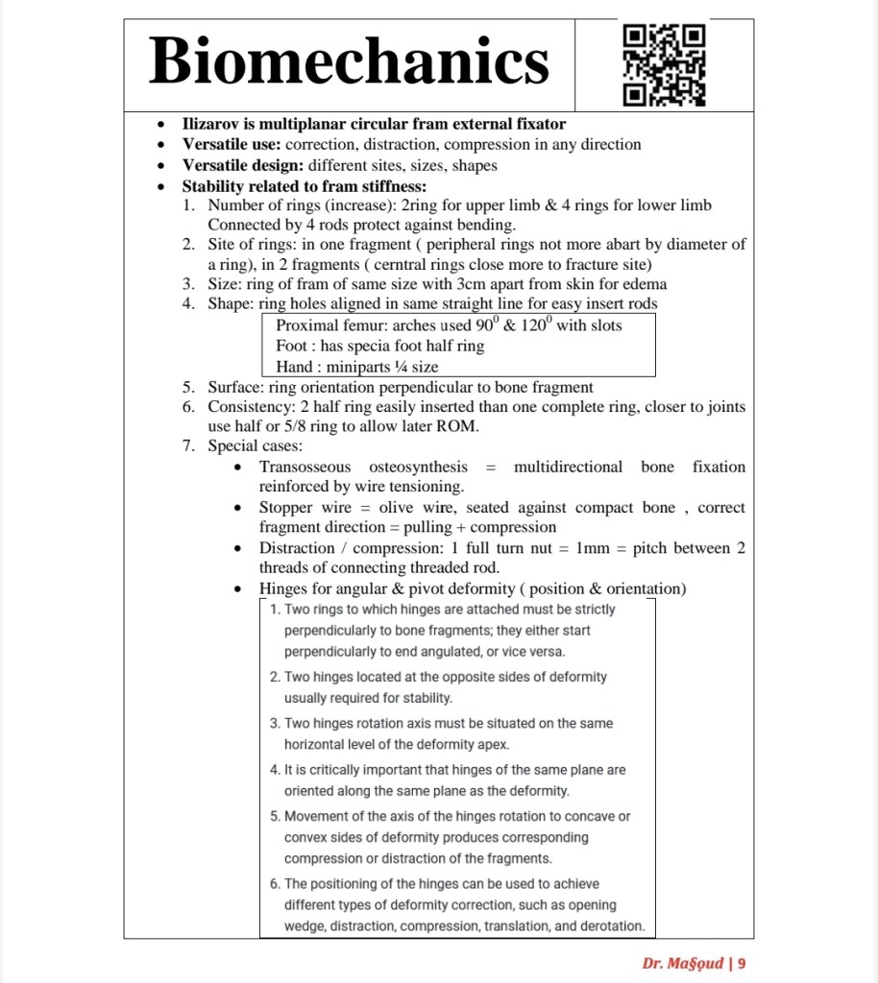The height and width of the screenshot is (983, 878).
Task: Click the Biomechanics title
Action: point(350,61)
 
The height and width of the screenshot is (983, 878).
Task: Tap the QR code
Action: point(664,65)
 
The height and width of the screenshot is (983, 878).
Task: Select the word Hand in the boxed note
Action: point(295,366)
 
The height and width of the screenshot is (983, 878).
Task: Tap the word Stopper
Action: point(287,507)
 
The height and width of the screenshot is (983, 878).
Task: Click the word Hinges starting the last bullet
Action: point(284,587)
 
